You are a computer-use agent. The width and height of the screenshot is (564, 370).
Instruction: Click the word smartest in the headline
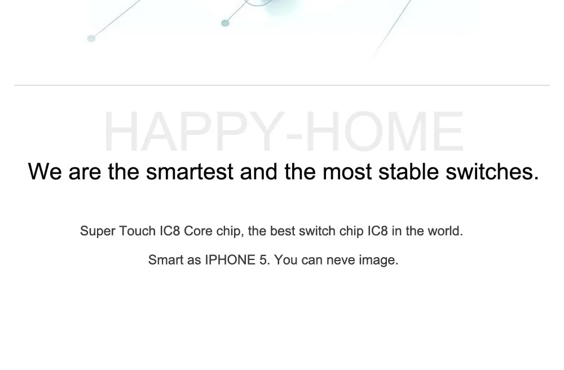[190, 171]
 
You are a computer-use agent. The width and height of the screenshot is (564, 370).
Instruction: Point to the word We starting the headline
[45, 171]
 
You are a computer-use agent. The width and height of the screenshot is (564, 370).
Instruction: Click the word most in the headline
[347, 172]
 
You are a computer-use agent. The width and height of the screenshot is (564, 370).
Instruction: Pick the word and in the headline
[259, 171]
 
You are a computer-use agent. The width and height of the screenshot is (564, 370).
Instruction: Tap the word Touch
[137, 231]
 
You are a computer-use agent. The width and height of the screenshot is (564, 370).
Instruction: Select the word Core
[198, 231]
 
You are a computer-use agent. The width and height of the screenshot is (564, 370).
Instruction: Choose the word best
[283, 231]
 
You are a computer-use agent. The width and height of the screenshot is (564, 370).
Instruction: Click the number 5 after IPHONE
[263, 260]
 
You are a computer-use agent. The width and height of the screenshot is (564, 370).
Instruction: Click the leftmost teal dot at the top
[91, 38]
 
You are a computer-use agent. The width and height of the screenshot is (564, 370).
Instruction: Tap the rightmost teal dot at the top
[225, 23]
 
